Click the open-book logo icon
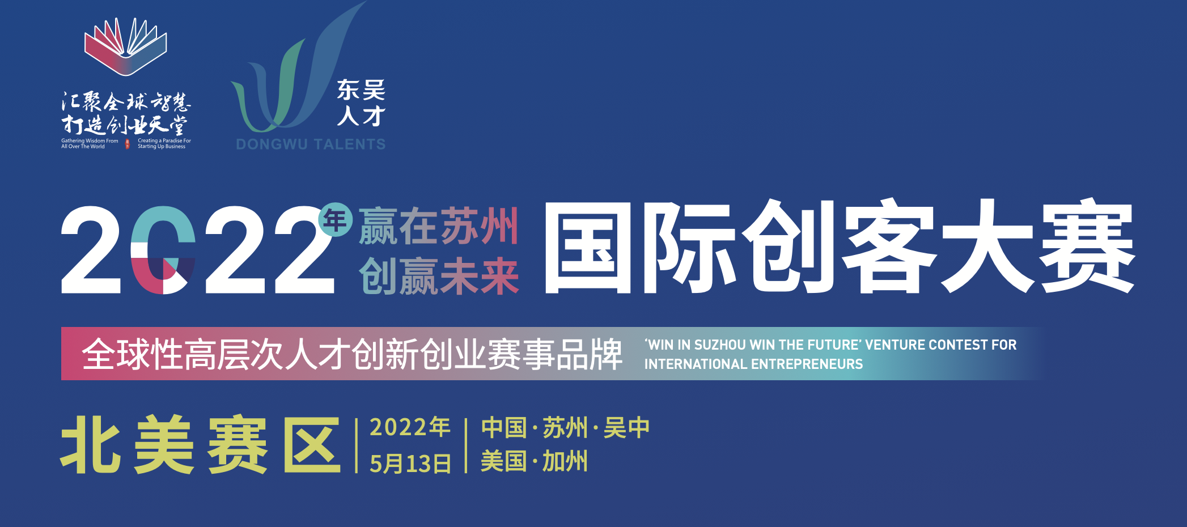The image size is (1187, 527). click(x=125, y=46)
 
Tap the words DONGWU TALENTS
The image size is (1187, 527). click(x=311, y=144)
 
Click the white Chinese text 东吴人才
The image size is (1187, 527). click(x=361, y=103)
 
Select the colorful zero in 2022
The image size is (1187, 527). click(x=163, y=250)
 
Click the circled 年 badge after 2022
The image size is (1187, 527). click(x=335, y=220)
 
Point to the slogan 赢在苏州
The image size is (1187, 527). click(x=439, y=226)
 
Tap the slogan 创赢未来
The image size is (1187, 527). click(x=439, y=276)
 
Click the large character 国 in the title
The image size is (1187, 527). click(x=588, y=247)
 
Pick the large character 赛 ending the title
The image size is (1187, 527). click(x=1087, y=247)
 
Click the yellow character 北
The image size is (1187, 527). click(x=91, y=445)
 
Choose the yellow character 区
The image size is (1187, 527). click(x=312, y=445)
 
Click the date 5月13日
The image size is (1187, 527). click(x=410, y=464)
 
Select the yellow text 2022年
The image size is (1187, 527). click(x=410, y=427)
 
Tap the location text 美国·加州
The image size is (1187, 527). click(x=535, y=461)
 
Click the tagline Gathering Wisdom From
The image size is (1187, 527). click(x=90, y=141)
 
